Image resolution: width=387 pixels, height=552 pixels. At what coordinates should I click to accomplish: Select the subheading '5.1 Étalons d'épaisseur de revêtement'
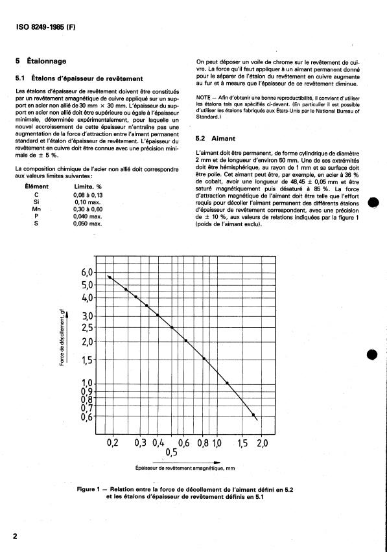(x=74, y=78)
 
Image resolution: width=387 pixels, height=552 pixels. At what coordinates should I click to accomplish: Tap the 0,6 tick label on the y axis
(x=88, y=417)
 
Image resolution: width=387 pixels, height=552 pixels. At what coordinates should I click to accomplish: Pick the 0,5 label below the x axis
(x=172, y=452)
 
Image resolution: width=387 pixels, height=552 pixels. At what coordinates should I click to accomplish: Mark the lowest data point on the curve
(x=253, y=415)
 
